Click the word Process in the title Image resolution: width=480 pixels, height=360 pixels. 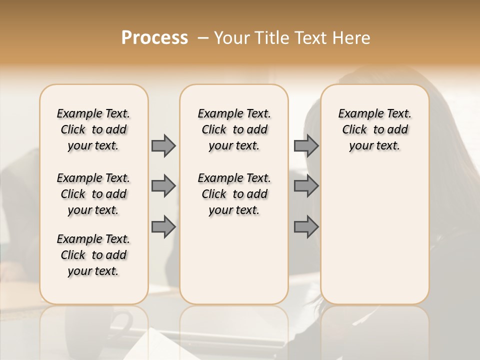point(154,38)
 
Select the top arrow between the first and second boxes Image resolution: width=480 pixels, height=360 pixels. point(163,145)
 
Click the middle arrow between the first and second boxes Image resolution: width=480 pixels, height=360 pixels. point(163,186)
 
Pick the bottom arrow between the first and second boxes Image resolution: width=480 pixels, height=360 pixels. point(163,227)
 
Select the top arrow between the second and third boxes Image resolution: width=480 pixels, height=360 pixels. point(306,145)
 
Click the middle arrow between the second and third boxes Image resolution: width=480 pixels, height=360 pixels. point(306,186)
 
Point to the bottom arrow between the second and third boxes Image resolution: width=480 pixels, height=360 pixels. point(306,227)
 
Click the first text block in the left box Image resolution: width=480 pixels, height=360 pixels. point(93,129)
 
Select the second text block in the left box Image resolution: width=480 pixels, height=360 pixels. point(93,194)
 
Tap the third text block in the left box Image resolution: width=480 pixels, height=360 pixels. point(93,255)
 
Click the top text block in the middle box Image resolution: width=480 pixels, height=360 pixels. point(234,129)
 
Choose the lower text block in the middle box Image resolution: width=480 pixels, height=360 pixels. point(234,194)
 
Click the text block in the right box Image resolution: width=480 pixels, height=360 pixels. point(374,129)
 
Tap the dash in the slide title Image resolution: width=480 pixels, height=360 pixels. point(202,38)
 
